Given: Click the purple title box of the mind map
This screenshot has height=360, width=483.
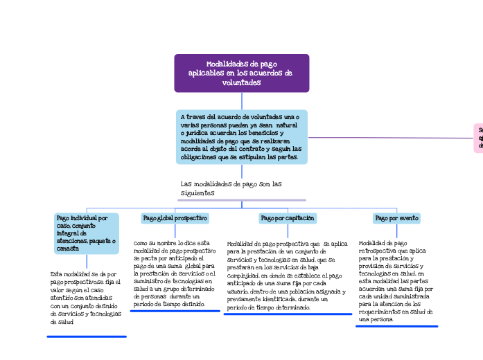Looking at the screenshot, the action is coord(241,73).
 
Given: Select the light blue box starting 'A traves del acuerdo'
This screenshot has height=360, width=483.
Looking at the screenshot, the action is coord(241,137).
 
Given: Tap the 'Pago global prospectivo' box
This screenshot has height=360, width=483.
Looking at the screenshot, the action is coord(175,218).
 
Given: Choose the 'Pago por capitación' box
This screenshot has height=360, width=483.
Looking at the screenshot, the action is coord(287,218).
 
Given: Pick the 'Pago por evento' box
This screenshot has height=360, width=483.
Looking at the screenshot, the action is coord(396,218).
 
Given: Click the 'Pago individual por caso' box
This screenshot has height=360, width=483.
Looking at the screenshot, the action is coord(87,233).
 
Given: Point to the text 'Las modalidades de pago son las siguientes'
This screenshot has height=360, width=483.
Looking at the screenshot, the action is coord(231,188).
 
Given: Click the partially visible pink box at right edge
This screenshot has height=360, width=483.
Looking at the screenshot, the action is coord(479,138).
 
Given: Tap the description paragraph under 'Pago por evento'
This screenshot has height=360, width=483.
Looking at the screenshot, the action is coord(396,281).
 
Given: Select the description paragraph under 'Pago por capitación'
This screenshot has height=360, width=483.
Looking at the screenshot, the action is coord(287,275).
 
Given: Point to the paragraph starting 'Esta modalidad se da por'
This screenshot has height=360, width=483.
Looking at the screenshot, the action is coord(85,298).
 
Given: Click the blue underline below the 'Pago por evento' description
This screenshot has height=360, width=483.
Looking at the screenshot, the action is coord(396,326).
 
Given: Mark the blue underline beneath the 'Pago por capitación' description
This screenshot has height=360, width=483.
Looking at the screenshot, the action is coord(288,314).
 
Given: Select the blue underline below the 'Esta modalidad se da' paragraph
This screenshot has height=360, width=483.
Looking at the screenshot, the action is coord(87,336).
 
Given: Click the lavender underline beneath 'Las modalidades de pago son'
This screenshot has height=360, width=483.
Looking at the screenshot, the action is coord(232,200).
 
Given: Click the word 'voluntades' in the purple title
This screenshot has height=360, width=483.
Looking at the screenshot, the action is coord(241,83).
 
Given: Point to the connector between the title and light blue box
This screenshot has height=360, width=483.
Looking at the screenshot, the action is coord(241,101).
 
